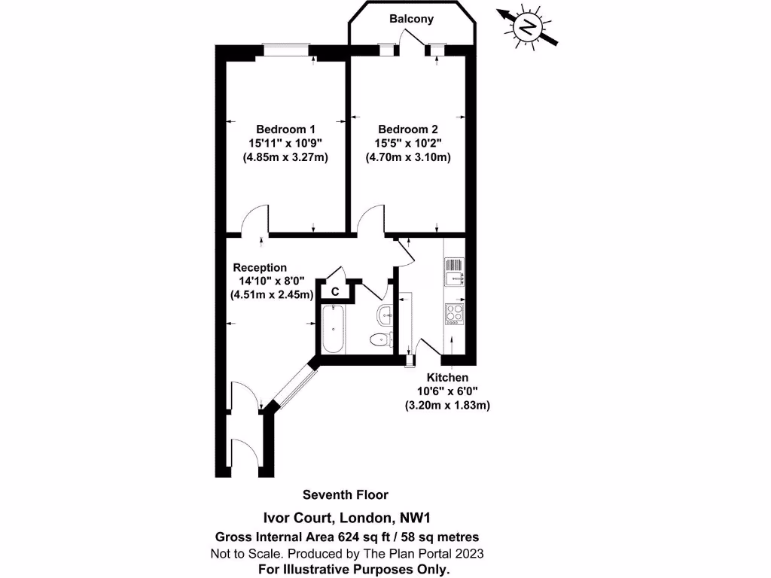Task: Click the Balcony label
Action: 411,19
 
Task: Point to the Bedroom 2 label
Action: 407,129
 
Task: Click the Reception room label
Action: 260,267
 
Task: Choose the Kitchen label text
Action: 447,377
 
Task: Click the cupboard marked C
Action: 335,290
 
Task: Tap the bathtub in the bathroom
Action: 333,329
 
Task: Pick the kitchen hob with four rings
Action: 456,313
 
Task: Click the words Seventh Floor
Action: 346,494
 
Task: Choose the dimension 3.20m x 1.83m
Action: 447,405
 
